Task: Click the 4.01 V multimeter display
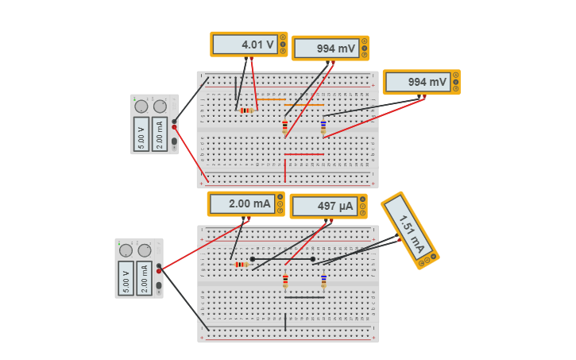pyautogui.click(x=246, y=45)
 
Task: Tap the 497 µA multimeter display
pyautogui.click(x=325, y=207)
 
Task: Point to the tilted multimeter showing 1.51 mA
pyautogui.click(x=408, y=229)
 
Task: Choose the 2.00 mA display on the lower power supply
pyautogui.click(x=145, y=278)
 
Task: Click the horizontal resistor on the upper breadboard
pyautogui.click(x=246, y=110)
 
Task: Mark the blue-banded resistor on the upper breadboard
pyautogui.click(x=323, y=126)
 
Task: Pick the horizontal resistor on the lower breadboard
pyautogui.click(x=242, y=264)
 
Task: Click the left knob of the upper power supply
pyautogui.click(x=141, y=106)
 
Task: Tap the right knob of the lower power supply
pyautogui.click(x=145, y=250)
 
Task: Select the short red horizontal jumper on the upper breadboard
pyautogui.click(x=303, y=154)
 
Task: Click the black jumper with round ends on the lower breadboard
pyautogui.click(x=283, y=259)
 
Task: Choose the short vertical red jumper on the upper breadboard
pyautogui.click(x=284, y=169)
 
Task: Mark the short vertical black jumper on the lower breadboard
pyautogui.click(x=284, y=322)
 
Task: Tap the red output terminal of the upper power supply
pyautogui.click(x=175, y=126)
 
